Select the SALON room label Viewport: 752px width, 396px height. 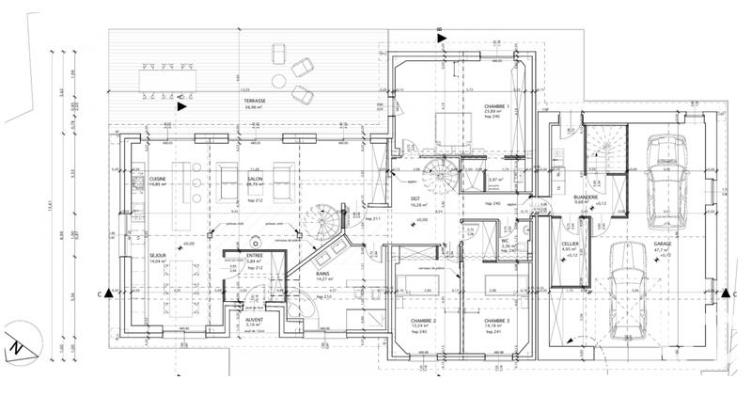click(254, 178)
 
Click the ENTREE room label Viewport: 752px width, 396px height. click(253, 254)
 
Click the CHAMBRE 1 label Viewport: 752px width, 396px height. click(496, 106)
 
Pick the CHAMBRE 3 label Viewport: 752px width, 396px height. click(495, 320)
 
